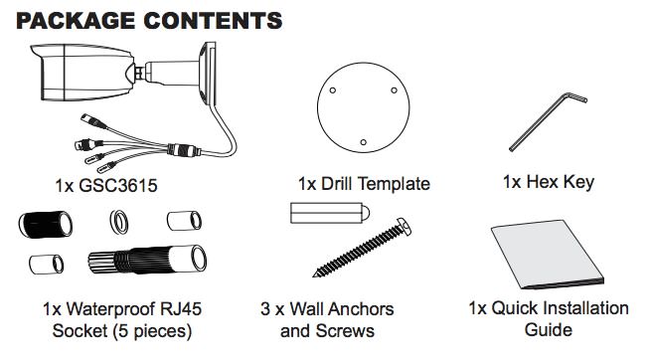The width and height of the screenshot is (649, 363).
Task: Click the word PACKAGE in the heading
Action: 75,20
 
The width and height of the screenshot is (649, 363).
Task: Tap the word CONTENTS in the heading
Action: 213,20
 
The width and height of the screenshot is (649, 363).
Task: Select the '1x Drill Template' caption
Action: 364,184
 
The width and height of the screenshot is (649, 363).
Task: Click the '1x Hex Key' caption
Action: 549,183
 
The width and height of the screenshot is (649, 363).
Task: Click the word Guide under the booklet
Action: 548,328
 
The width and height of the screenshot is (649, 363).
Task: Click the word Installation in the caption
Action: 578,308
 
